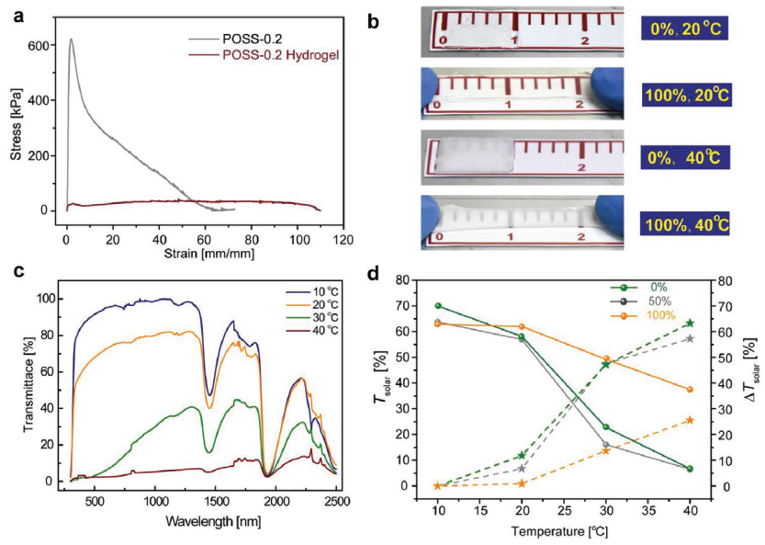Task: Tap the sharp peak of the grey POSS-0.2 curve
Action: tap(71, 40)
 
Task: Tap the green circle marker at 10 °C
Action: tap(438, 306)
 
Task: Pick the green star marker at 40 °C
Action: tap(690, 324)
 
